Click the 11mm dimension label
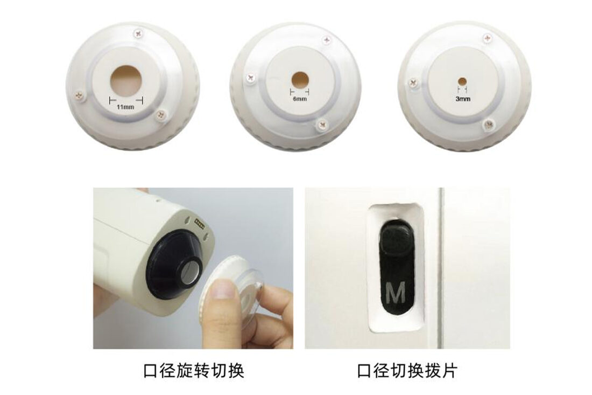point(125,107)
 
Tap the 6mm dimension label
point(299,99)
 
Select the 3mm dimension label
point(463,99)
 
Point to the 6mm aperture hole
point(300,79)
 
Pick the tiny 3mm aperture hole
point(462,81)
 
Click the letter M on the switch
point(396,292)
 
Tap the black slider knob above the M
point(396,239)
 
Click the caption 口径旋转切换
point(194,370)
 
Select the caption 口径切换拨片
point(407,370)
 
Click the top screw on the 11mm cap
point(139,33)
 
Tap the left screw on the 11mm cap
point(79,94)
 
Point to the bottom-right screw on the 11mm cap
point(161,115)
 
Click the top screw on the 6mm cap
point(326,40)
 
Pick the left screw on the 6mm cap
point(250,78)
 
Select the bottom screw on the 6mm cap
point(322,124)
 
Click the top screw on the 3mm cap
point(488,38)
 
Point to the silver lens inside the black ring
point(192,272)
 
